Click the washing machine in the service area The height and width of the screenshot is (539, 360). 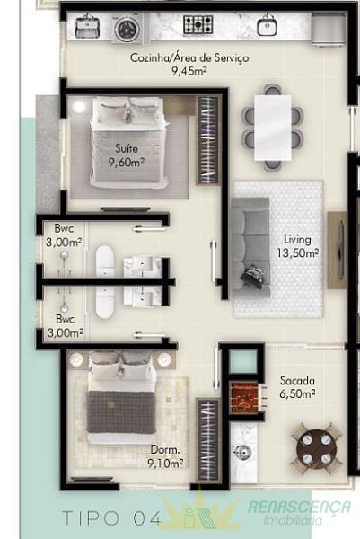[127, 29]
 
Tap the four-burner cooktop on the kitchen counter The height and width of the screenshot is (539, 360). [198, 24]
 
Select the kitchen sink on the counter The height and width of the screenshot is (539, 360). [268, 25]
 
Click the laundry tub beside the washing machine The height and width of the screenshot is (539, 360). [88, 26]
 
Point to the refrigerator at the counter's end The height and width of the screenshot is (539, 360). [328, 30]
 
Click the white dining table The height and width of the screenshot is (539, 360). [273, 128]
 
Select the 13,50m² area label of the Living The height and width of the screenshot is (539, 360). [297, 253]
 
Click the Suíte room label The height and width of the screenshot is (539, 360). [127, 148]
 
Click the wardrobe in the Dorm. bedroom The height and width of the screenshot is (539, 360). [208, 440]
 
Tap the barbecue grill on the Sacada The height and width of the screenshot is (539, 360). [244, 398]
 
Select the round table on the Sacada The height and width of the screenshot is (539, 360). [317, 449]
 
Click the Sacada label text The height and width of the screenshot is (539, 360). [297, 381]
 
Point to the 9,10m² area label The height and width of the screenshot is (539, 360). [165, 464]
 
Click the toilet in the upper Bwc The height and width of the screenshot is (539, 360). [105, 261]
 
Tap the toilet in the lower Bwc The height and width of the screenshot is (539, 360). [105, 302]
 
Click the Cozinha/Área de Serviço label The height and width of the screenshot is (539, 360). [189, 57]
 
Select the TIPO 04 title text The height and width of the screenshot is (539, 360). [111, 518]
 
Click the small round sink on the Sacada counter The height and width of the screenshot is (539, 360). [241, 451]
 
